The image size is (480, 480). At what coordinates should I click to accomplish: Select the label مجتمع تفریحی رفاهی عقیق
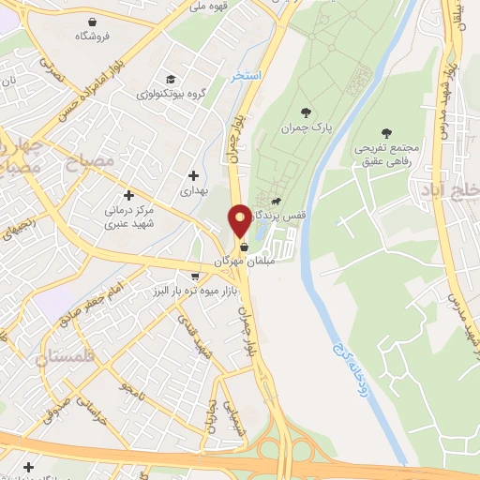pos(386,156)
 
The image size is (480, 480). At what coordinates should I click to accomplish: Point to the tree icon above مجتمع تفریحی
pos(386,134)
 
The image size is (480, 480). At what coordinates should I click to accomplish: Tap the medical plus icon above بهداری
pos(193,174)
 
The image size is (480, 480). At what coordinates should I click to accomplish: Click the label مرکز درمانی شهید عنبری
pos(137,218)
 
